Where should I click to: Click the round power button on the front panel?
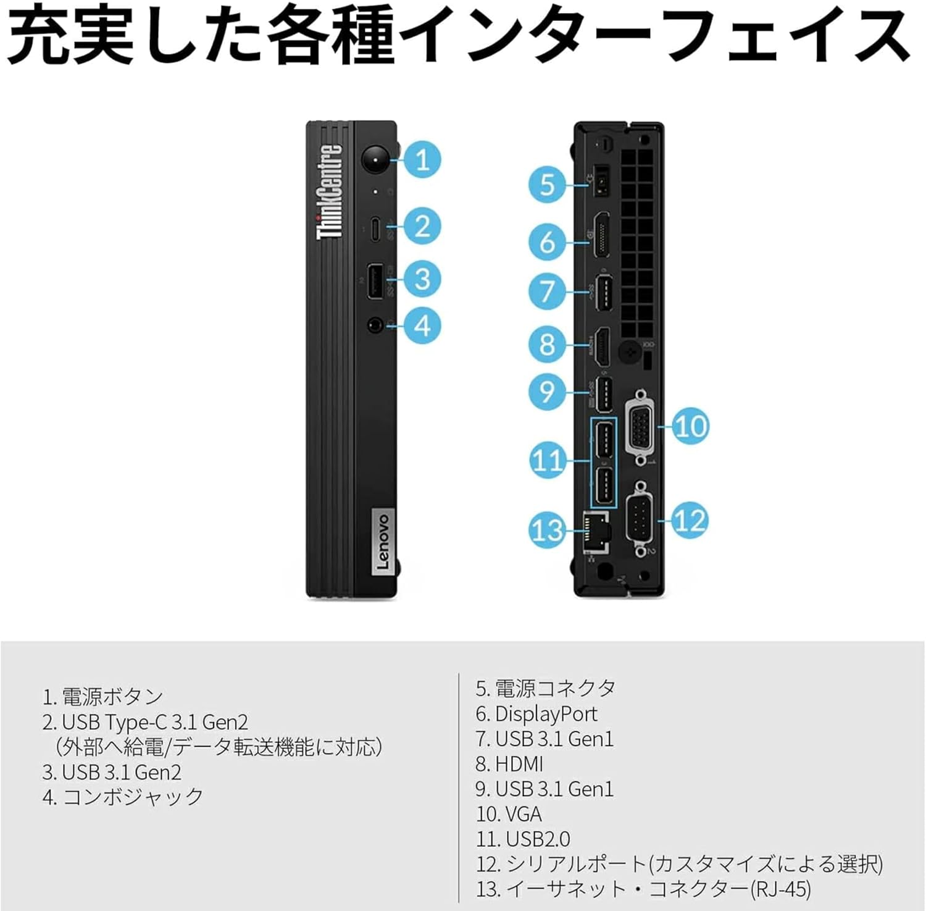(x=375, y=160)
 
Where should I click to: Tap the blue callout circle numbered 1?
(x=422, y=160)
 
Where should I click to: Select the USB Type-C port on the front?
(x=375, y=229)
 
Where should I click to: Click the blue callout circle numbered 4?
(x=422, y=325)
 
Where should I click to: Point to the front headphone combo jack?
(x=375, y=324)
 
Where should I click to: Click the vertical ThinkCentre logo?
(x=329, y=191)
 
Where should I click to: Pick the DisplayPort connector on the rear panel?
(x=601, y=235)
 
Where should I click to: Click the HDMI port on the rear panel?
(x=601, y=346)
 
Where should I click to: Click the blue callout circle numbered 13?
(x=548, y=530)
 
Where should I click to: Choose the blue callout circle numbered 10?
(x=690, y=426)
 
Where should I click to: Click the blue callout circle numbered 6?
(x=548, y=241)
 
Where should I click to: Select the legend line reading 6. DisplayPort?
(x=536, y=713)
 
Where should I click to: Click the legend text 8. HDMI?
(x=509, y=764)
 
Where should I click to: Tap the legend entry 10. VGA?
(x=509, y=814)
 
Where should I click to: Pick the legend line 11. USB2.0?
(x=523, y=839)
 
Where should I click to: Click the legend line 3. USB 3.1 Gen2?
(x=112, y=772)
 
